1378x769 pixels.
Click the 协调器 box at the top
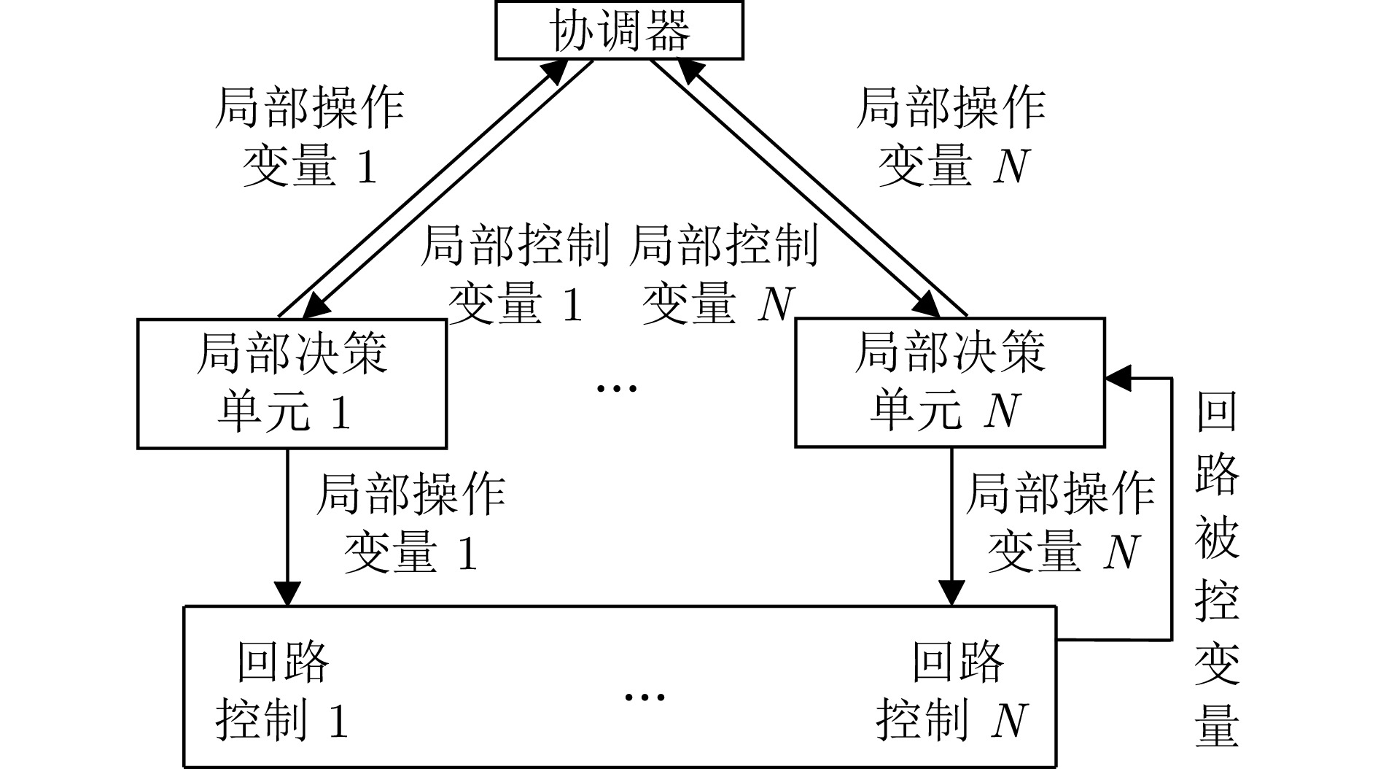point(620,31)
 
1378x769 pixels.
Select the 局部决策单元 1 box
point(292,382)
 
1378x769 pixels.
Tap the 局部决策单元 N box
point(949,382)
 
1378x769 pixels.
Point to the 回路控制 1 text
point(283,690)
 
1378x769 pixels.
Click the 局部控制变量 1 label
point(515,274)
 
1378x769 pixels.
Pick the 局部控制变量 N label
point(722,274)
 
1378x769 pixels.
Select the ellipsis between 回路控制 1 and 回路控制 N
point(645,696)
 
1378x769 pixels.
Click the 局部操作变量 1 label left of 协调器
point(309,137)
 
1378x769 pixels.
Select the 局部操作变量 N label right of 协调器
point(951,137)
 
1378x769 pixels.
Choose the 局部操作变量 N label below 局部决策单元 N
point(1060,522)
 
